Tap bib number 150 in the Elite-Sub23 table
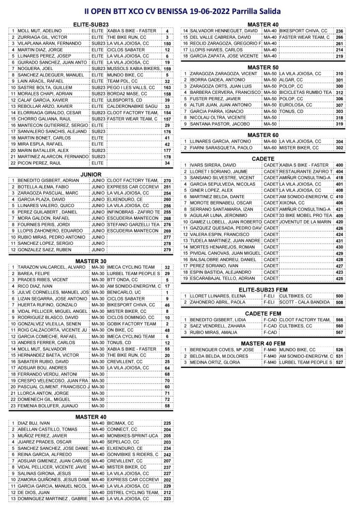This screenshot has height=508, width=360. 167,43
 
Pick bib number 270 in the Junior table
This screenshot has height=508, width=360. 167,181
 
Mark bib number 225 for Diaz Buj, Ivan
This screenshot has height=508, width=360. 167,423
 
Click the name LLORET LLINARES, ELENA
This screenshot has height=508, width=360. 216,295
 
